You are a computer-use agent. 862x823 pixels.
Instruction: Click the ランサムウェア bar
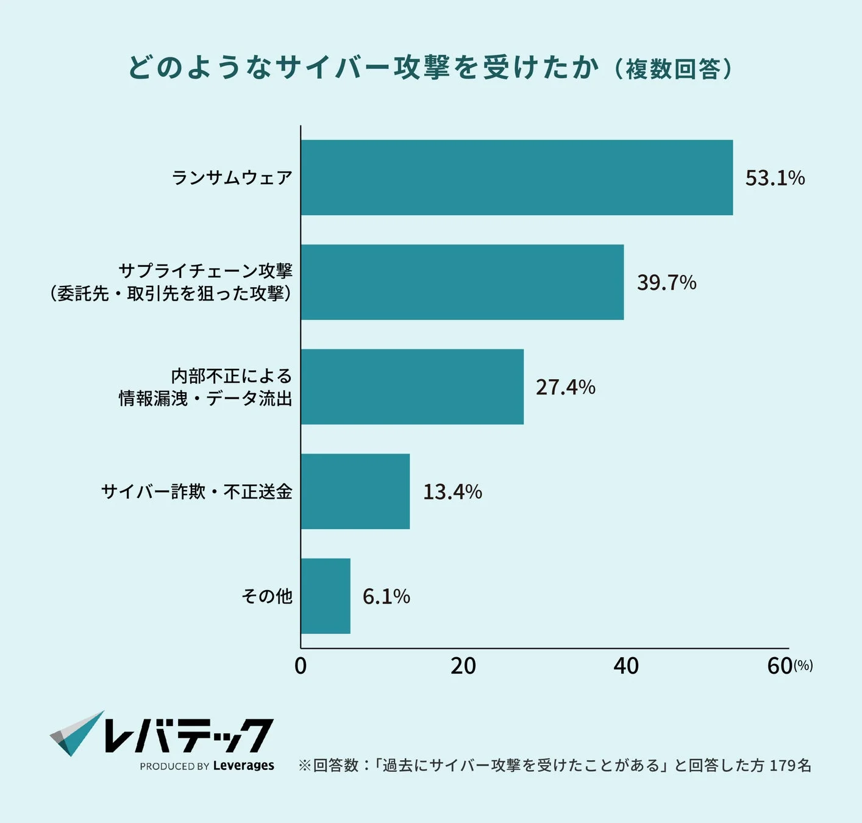pos(517,177)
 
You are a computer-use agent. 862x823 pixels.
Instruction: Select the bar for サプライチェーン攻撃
pos(462,282)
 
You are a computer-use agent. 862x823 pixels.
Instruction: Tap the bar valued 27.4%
pos(412,387)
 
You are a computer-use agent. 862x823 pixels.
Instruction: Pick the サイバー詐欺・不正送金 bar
pos(355,491)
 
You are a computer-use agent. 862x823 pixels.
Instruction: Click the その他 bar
pos(326,596)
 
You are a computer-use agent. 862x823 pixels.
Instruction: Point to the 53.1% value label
pos(775,178)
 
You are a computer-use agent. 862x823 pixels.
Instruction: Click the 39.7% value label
pos(666,283)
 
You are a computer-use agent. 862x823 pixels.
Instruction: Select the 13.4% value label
pos(452,492)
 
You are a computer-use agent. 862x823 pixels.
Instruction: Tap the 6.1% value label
pos(386,596)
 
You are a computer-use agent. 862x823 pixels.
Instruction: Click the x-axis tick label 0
pos(301,666)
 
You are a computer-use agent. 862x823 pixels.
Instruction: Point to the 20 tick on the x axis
pos(463,666)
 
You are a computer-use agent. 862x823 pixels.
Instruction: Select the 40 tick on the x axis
pos(626,666)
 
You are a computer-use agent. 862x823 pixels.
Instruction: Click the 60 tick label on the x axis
pos(780,666)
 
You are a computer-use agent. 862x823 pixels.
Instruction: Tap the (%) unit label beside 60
pos(803,666)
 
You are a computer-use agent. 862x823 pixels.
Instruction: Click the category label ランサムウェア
pos(232,177)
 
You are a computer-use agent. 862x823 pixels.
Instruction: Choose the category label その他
pos(267,596)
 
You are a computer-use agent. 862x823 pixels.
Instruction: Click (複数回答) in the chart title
pos(672,69)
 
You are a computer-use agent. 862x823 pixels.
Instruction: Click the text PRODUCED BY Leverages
pos(207,766)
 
